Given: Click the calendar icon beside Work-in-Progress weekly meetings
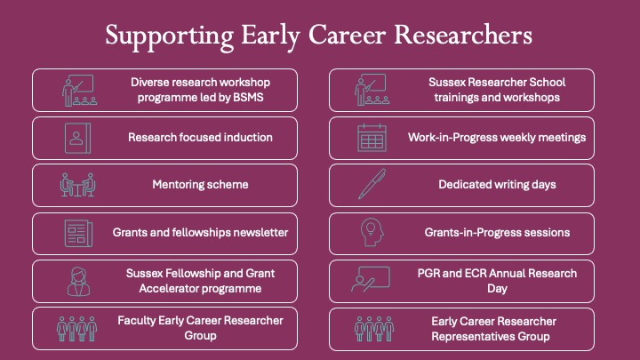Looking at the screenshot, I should (371, 138).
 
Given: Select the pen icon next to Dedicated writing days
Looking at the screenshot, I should (371, 185).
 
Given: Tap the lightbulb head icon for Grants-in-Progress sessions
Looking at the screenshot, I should (371, 233).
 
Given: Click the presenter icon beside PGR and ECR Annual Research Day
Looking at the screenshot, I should (371, 281).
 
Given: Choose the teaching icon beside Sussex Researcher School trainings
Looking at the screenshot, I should (371, 90).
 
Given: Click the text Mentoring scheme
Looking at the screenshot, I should (200, 185).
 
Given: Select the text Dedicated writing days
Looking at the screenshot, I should (497, 185).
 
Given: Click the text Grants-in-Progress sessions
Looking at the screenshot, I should (497, 233).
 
